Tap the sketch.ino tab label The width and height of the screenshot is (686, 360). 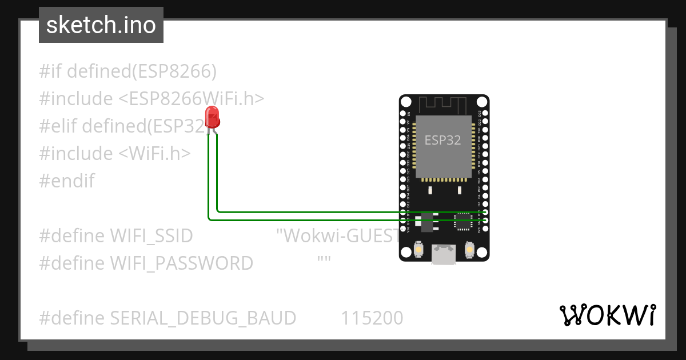tap(101, 25)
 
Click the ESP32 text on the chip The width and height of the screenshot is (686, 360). tap(442, 140)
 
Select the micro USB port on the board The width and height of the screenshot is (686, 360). tap(444, 254)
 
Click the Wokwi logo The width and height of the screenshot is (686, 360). tap(607, 315)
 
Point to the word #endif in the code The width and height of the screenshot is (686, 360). tap(67, 181)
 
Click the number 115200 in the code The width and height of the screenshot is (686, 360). tap(372, 318)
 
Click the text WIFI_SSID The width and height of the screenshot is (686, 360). tap(151, 236)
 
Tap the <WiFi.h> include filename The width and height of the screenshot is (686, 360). tap(154, 154)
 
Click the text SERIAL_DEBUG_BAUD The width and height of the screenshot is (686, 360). tap(203, 318)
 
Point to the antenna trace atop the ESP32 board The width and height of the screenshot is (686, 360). tap(444, 105)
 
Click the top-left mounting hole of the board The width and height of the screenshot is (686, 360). tap(406, 102)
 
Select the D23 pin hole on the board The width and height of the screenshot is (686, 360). tap(485, 114)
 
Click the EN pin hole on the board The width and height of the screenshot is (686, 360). tap(403, 114)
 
